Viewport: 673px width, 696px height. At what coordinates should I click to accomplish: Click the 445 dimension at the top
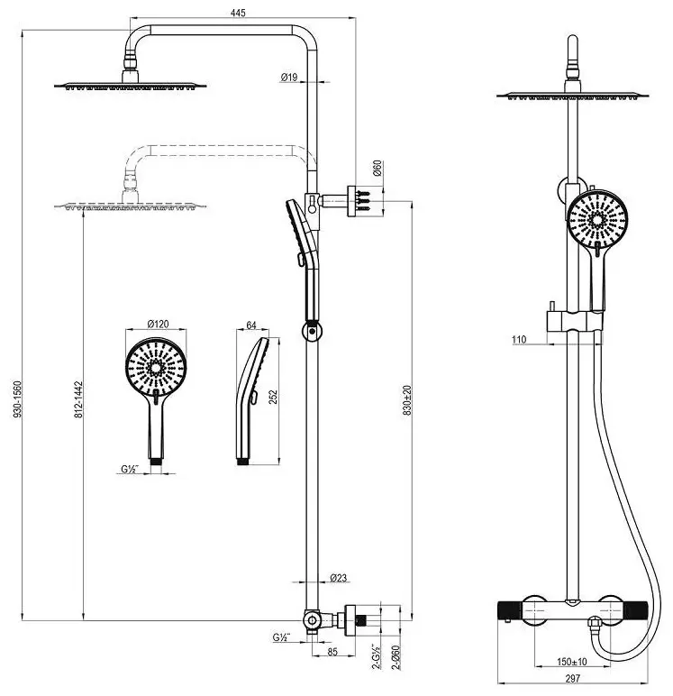pos(238,13)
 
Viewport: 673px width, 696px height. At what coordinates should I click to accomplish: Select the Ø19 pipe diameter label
pos(289,78)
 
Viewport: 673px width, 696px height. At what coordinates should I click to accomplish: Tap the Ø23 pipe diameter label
pos(339,578)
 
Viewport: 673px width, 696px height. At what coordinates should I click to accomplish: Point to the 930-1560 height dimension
pos(17,398)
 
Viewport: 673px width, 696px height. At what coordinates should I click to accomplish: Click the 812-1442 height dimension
pos(78,399)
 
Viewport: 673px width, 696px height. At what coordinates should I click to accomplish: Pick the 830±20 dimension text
pos(407,400)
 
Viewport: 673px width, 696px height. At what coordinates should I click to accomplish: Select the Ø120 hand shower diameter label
pos(158,324)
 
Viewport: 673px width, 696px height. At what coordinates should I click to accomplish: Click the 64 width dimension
pos(251,325)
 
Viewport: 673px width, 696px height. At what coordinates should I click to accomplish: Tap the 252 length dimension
pos(273,397)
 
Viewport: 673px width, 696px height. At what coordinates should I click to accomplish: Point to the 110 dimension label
pos(519,340)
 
